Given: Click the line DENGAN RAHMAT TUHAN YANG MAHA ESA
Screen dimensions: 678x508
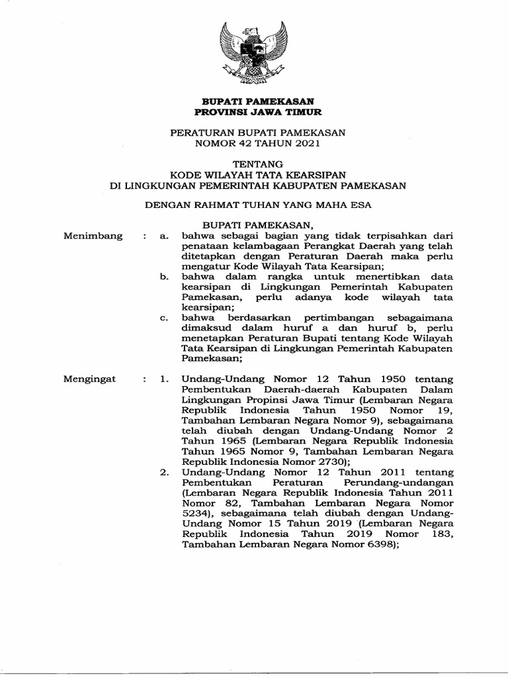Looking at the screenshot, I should [258, 205].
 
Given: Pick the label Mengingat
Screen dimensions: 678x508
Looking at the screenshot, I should [89, 379].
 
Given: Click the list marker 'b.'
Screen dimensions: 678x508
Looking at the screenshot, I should [165, 276].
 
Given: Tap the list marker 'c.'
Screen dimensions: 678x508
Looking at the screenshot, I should [165, 317].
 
